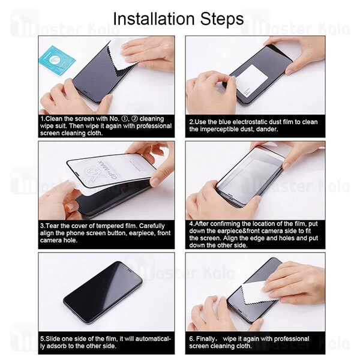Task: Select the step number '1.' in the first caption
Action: click(43, 119)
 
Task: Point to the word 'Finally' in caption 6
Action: click(208, 339)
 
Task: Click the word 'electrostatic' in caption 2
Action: click(250, 122)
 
